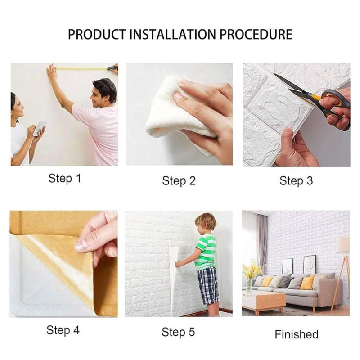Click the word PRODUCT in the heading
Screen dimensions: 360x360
pyautogui.click(x=97, y=35)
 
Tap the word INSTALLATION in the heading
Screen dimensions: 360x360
pyautogui.click(x=173, y=35)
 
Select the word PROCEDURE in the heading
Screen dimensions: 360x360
pyautogui.click(x=256, y=35)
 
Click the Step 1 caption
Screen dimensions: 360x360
pyautogui.click(x=65, y=178)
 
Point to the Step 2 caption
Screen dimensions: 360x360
pyautogui.click(x=179, y=181)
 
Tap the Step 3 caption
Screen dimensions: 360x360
pyautogui.click(x=296, y=180)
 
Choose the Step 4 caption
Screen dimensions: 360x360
pyautogui.click(x=63, y=330)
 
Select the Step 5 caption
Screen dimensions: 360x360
pyautogui.click(x=178, y=332)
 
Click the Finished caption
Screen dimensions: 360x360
pyautogui.click(x=297, y=334)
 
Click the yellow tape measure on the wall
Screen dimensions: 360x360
pyautogui.click(x=83, y=68)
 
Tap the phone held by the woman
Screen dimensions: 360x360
pyautogui.click(x=40, y=129)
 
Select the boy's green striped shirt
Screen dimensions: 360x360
pyautogui.click(x=206, y=252)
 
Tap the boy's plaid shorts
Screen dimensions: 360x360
pyautogui.click(x=208, y=285)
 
